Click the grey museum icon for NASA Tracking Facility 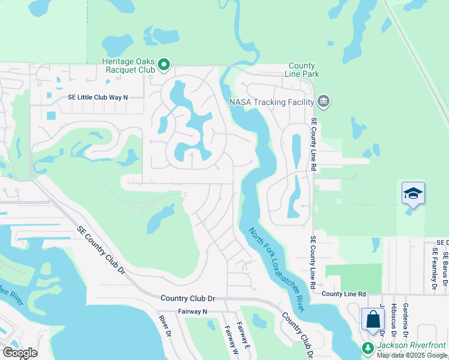pyautogui.click(x=323, y=101)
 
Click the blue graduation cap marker pyautogui.click(x=413, y=194)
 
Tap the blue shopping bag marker pyautogui.click(x=373, y=319)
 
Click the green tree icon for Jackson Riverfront pyautogui.click(x=368, y=347)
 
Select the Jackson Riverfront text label pyautogui.click(x=412, y=346)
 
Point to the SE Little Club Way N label pyautogui.click(x=98, y=97)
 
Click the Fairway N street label pyautogui.click(x=192, y=311)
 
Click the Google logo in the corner pyautogui.click(x=20, y=353)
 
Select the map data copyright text pyautogui.click(x=412, y=355)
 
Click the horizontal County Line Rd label pyautogui.click(x=344, y=293)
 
